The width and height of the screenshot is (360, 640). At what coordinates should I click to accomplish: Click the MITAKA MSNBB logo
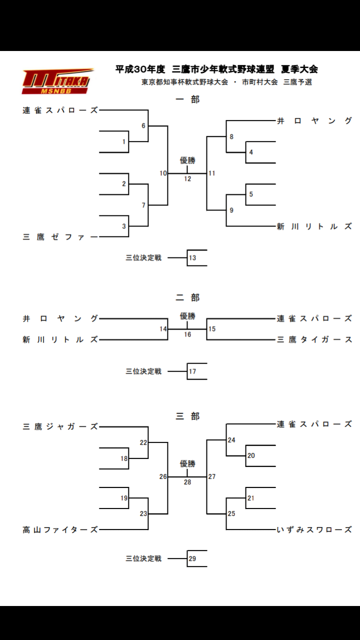pyautogui.click(x=57, y=81)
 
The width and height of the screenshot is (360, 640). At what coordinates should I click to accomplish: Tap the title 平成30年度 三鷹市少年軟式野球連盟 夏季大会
pyautogui.click(x=216, y=69)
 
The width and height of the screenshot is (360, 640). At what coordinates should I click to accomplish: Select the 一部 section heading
pyautogui.click(x=187, y=99)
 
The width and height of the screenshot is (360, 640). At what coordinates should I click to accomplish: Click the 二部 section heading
pyautogui.click(x=187, y=297)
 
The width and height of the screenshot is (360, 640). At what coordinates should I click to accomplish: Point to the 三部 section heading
pyautogui.click(x=187, y=416)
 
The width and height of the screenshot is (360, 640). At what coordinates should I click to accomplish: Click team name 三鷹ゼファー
pyautogui.click(x=60, y=237)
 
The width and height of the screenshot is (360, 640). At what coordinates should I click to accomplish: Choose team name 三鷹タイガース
pyautogui.click(x=314, y=339)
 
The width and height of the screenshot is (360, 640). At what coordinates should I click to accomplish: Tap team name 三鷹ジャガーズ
pyautogui.click(x=60, y=427)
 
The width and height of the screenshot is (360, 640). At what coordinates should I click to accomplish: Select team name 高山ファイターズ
pyautogui.click(x=60, y=530)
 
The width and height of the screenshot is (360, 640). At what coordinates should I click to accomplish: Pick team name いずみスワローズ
pyautogui.click(x=314, y=530)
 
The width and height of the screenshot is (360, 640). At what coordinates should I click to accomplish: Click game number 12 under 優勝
pyautogui.click(x=187, y=179)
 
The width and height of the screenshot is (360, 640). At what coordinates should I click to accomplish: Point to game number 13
pyautogui.click(x=192, y=257)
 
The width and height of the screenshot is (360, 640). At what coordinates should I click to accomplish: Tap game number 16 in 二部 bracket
pyautogui.click(x=187, y=334)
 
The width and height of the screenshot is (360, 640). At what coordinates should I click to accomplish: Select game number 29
pyautogui.click(x=192, y=558)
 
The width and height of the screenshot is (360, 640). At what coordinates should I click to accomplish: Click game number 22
pyautogui.click(x=143, y=442)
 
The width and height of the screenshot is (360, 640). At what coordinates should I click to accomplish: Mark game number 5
pyautogui.click(x=251, y=194)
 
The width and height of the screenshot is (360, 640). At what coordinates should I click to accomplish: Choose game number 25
pyautogui.click(x=231, y=513)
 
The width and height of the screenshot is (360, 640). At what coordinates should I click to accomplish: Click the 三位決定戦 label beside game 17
pyautogui.click(x=143, y=371)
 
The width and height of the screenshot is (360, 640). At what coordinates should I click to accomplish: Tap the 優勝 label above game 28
pyautogui.click(x=187, y=463)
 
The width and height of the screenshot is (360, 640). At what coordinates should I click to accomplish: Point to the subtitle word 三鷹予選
pyautogui.click(x=297, y=82)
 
